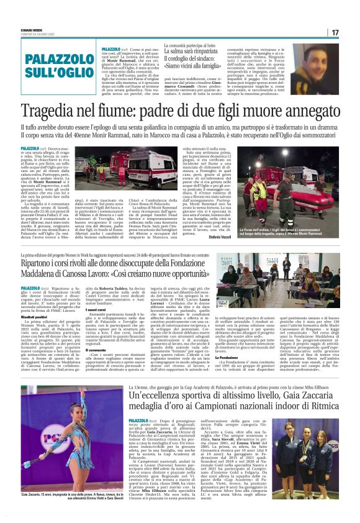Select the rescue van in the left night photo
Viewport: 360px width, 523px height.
(144, 171)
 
